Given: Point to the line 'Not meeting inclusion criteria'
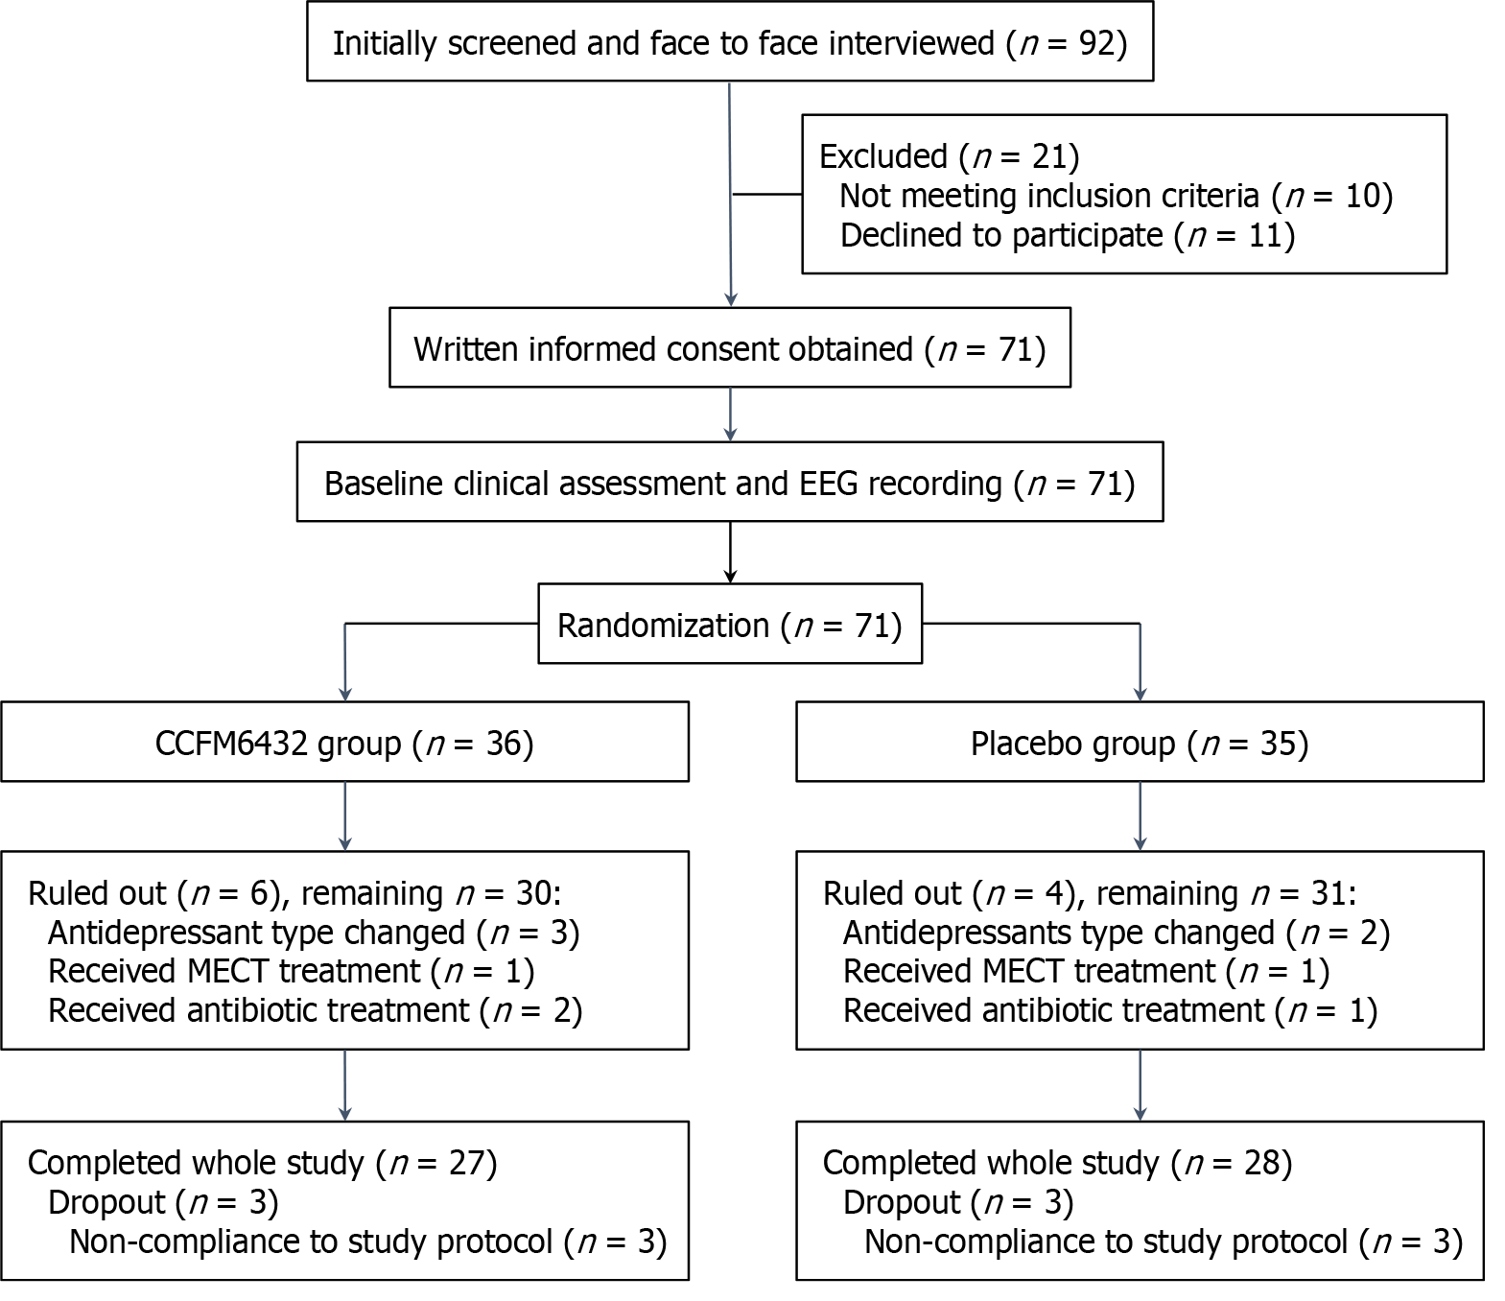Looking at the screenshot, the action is point(1049,196).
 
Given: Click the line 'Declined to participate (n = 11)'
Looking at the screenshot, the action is point(1068,235).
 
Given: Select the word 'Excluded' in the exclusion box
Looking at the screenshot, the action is point(883,156).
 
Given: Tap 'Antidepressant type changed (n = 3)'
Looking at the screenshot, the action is point(314,933).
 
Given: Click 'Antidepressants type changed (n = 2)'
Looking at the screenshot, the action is point(1117,933).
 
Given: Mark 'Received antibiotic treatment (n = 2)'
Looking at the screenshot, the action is point(316,1010).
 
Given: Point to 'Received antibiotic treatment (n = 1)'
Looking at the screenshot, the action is point(1111,1010).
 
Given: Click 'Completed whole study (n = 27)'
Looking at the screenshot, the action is point(262,1164).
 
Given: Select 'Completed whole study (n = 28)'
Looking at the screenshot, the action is point(1057,1164).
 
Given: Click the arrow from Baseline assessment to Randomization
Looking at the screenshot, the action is point(730,553).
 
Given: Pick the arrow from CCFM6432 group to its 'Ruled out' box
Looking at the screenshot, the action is point(345,816).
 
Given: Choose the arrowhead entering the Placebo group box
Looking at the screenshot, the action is point(1141,695).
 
